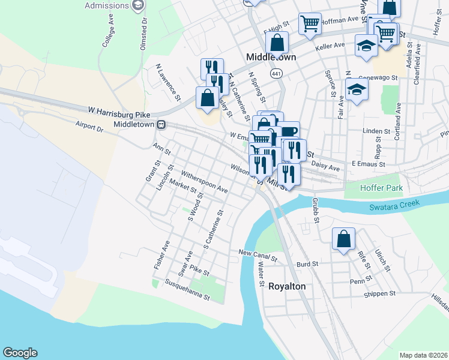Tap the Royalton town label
(286, 286)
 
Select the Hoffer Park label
(379, 188)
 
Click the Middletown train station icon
(161, 124)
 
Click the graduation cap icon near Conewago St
(357, 91)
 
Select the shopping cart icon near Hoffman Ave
(310, 24)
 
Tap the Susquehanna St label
(187, 289)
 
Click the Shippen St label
(379, 293)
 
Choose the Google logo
(20, 353)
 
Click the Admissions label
(107, 6)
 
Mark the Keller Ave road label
(331, 46)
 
